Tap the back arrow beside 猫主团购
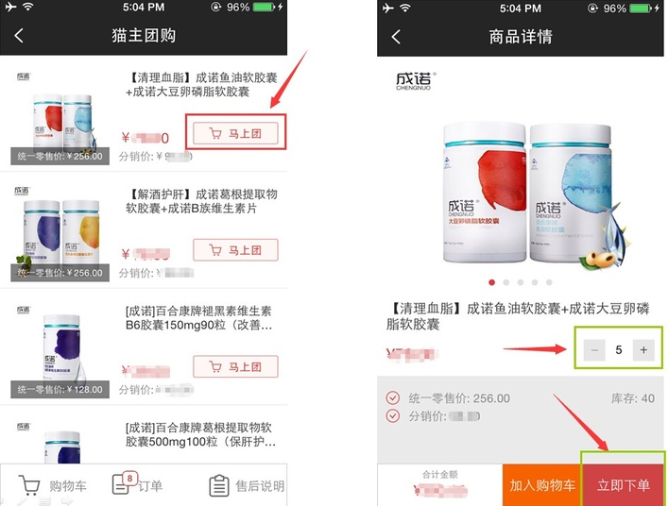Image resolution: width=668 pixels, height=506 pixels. [19, 36]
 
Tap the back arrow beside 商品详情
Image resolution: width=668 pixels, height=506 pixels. [396, 36]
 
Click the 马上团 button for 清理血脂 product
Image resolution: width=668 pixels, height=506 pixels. [235, 133]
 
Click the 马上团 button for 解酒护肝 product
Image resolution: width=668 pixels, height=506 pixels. [235, 250]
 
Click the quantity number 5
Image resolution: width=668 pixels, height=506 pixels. [619, 349]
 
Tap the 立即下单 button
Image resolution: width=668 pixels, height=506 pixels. [623, 484]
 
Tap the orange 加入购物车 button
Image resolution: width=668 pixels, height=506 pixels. [542, 484]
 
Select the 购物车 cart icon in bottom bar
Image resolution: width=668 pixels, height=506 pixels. [29, 485]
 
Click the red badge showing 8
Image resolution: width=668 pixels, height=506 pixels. [128, 479]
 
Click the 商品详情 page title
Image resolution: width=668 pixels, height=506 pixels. [521, 37]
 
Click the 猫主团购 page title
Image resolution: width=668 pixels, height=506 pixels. [144, 37]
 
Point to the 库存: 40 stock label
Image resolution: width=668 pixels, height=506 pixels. [633, 398]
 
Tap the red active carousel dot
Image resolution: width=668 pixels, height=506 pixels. [490, 282]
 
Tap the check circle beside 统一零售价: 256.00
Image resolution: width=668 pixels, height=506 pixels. [393, 398]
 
